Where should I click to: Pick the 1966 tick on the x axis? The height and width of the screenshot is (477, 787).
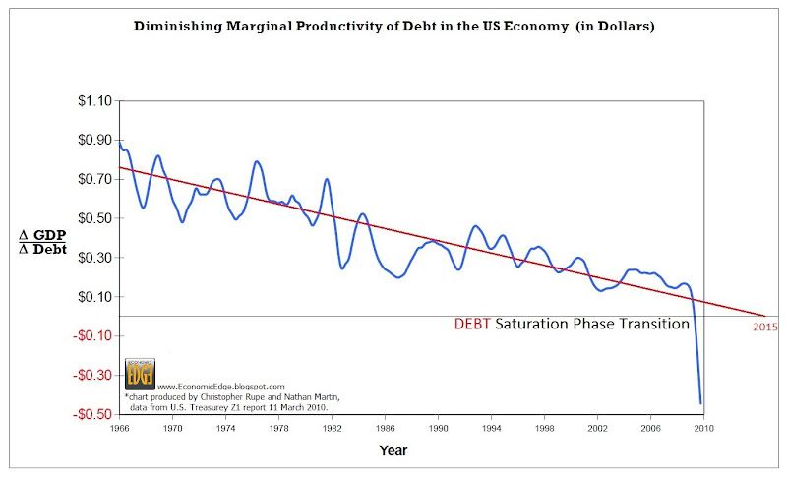tap(119, 429)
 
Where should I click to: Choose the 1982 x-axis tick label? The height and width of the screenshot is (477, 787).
tap(332, 429)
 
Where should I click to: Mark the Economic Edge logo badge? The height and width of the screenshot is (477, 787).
tap(139, 375)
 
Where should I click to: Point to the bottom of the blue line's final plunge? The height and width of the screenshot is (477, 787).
tap(700, 402)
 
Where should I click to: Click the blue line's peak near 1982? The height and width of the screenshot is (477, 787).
tap(327, 179)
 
